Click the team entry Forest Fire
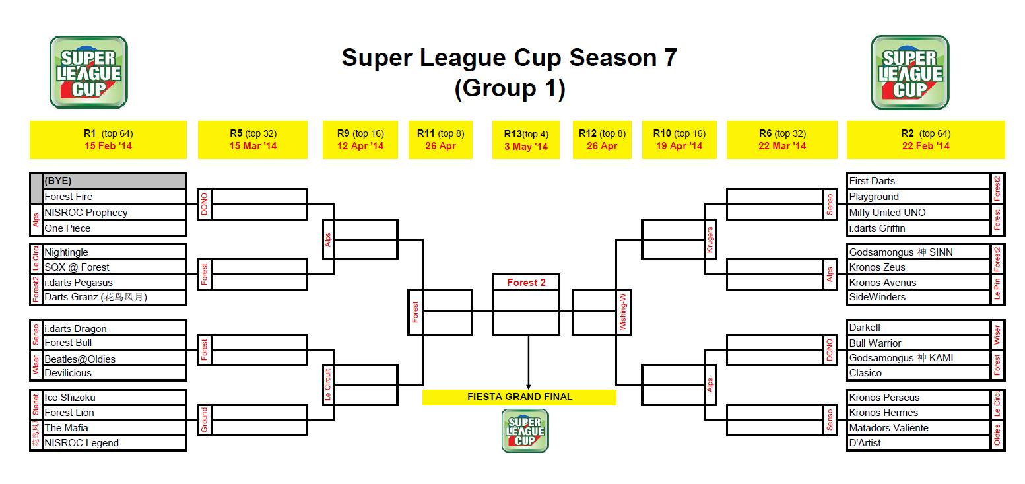coord(68,197)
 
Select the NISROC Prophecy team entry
coord(86,213)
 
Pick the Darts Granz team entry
coord(96,297)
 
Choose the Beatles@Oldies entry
coord(80,359)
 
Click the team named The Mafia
coord(66,428)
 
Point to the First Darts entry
coord(872,181)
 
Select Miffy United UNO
coord(887,213)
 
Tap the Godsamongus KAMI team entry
coord(901,358)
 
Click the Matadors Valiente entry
coord(888,428)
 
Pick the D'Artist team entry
coord(865,443)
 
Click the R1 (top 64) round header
coord(108,133)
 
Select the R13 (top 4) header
coord(526,134)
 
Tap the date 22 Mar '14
coord(782,146)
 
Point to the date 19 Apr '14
coord(679,146)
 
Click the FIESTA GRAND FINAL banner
coord(519,397)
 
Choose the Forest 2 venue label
coord(526,283)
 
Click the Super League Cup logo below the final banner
coord(525,431)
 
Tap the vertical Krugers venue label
coord(710,240)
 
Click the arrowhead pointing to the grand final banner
coord(529,386)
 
